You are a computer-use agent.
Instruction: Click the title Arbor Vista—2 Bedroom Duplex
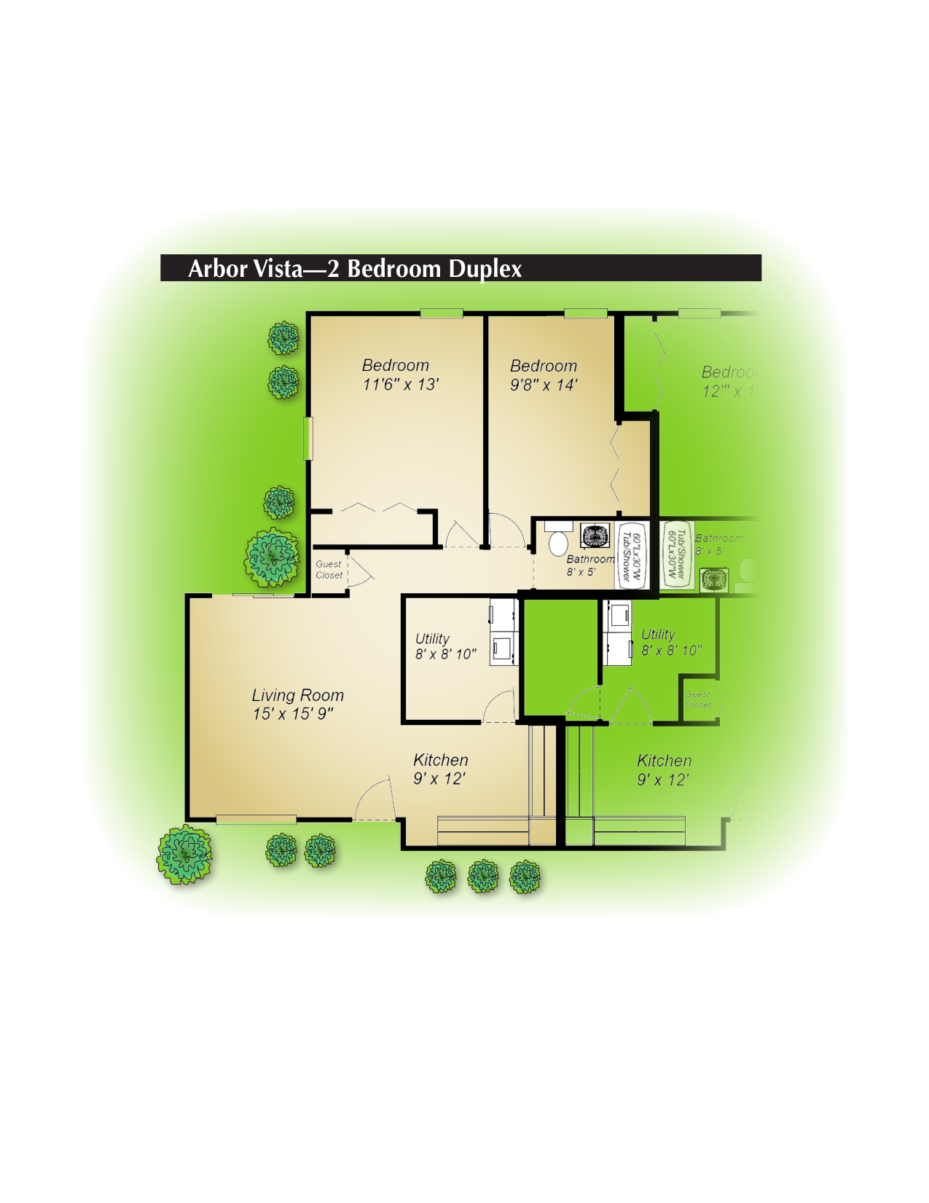click(355, 269)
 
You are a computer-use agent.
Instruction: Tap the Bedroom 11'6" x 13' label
click(399, 375)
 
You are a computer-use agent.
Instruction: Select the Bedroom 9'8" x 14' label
click(544, 375)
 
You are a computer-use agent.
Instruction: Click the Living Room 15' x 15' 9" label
click(297, 705)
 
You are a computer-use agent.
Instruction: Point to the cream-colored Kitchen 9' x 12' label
click(440, 769)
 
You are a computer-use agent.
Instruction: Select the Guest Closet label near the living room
click(329, 569)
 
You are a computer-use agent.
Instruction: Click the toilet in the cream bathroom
click(558, 543)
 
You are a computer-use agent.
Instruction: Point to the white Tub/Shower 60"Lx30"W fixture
click(631, 556)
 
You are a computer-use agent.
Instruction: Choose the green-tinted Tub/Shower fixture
click(677, 555)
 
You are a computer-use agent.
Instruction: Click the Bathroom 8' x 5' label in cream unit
click(589, 565)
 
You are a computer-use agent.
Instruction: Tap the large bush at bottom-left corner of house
click(185, 855)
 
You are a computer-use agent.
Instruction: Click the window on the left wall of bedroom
click(308, 438)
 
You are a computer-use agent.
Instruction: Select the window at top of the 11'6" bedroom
click(441, 313)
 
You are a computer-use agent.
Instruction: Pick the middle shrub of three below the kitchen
click(483, 876)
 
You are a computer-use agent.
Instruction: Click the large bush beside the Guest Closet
click(272, 558)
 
